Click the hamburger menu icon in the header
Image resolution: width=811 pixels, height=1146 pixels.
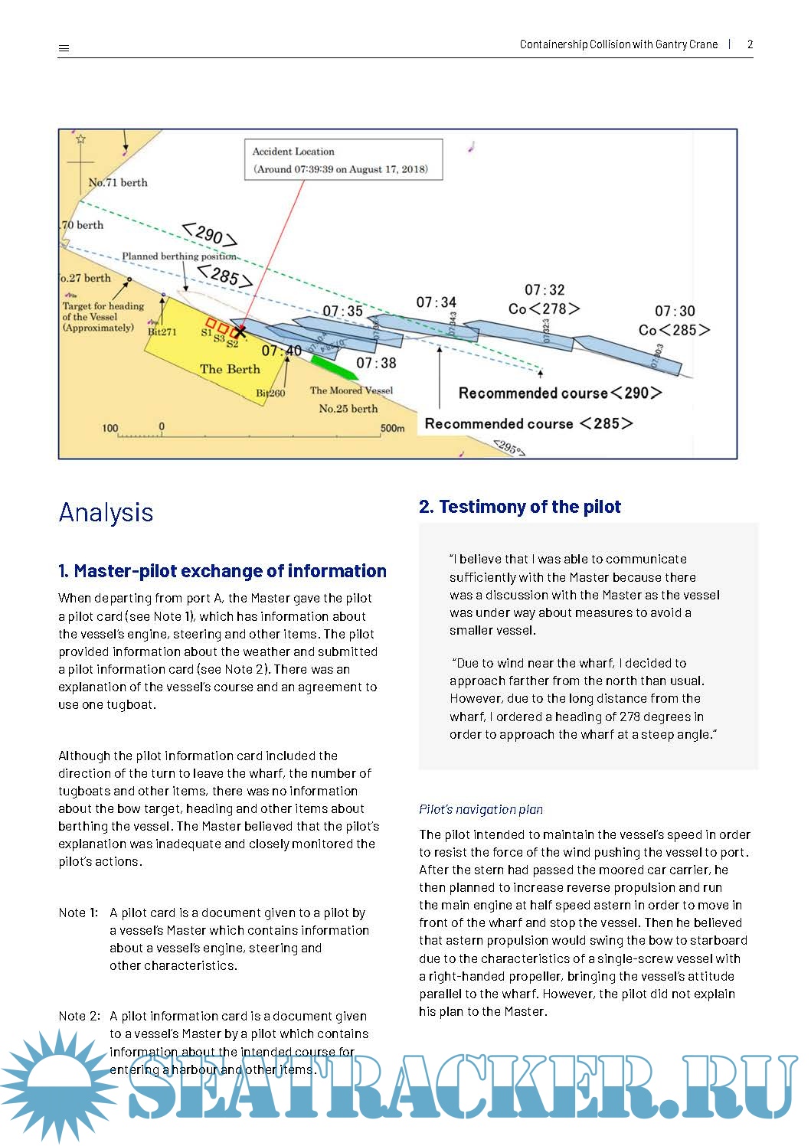(64, 48)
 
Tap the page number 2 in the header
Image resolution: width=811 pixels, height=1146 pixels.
(750, 44)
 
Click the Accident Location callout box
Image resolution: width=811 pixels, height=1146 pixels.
(343, 159)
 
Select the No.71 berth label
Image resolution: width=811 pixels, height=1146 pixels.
(118, 182)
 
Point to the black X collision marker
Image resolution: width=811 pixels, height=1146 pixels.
(240, 331)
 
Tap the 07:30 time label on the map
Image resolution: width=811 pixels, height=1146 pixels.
(675, 311)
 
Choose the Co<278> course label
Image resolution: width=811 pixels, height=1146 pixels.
(544, 309)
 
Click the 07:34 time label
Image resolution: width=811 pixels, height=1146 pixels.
(436, 302)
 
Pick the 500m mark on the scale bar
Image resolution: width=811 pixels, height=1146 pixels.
(392, 428)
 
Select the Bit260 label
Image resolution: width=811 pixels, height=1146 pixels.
(270, 393)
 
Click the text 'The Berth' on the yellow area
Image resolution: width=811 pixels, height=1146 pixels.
(230, 369)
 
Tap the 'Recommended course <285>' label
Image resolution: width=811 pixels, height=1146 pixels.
(528, 423)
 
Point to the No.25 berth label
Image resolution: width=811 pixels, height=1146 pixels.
(348, 409)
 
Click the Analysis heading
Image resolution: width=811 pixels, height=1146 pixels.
(106, 512)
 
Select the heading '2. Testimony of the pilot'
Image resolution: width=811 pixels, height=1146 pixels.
(519, 507)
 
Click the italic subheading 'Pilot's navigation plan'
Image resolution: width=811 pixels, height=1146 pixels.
(481, 809)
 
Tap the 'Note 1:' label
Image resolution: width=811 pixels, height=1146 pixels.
(78, 913)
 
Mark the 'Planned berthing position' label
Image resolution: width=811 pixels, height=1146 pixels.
(178, 256)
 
